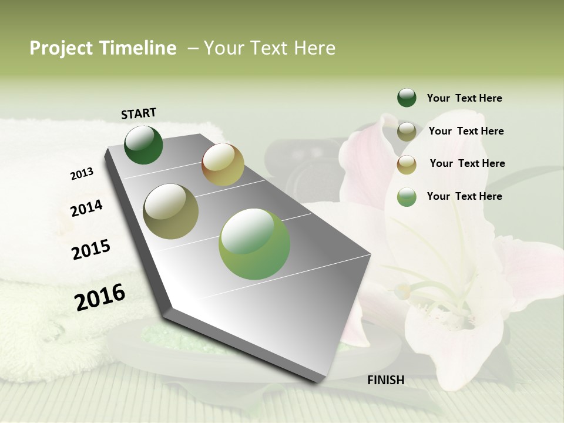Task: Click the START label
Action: click(139, 113)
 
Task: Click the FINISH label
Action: click(385, 380)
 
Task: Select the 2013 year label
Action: click(82, 174)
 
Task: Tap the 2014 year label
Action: click(86, 208)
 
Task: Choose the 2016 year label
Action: click(100, 297)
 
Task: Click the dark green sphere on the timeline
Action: click(143, 145)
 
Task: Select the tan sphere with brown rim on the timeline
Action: click(223, 164)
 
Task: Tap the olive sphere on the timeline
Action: click(171, 211)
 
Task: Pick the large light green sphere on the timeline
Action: click(254, 244)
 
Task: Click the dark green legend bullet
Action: click(407, 98)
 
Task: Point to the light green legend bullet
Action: click(407, 197)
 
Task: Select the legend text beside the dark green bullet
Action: click(464, 98)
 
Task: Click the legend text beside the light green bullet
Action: click(464, 196)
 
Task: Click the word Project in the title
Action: click(61, 48)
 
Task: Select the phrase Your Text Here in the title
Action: click(270, 48)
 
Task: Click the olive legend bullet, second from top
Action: click(407, 132)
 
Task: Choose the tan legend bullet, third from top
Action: click(407, 164)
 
